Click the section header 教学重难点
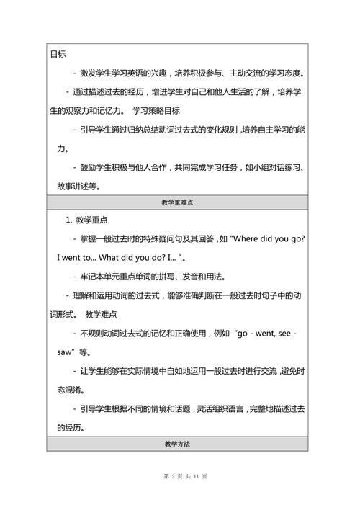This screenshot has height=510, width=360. (179, 203)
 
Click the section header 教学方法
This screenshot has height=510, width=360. (179, 444)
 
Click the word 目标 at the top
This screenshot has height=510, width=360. (58, 54)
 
